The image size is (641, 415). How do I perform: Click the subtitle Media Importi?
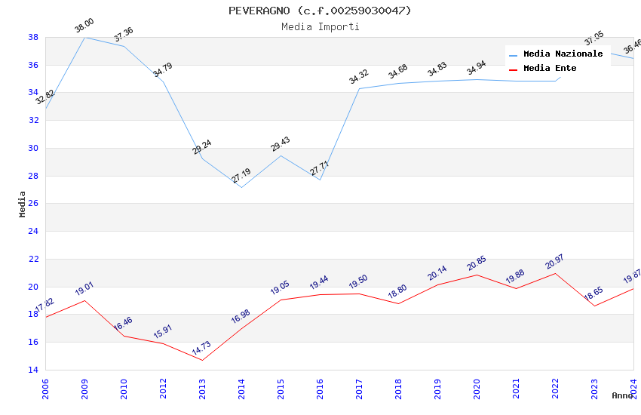(x=320, y=26)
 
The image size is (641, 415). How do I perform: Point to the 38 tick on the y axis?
(x=33, y=37)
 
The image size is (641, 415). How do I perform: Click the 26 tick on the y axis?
(x=33, y=204)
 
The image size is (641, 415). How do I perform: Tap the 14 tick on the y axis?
(x=33, y=370)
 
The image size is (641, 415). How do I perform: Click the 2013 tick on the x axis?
(x=202, y=388)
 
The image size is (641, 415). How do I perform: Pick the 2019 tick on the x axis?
(x=437, y=388)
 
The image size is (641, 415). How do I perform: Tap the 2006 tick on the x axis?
(x=45, y=388)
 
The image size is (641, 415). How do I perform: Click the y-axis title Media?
(x=23, y=204)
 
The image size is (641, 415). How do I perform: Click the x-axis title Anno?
(x=622, y=395)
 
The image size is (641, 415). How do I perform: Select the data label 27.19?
(x=241, y=176)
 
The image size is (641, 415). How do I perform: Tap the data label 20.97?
(x=555, y=262)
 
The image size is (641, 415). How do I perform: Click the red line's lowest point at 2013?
(x=202, y=360)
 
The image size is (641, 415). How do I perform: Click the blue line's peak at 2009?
(x=84, y=37)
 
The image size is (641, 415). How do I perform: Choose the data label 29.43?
(x=281, y=144)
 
